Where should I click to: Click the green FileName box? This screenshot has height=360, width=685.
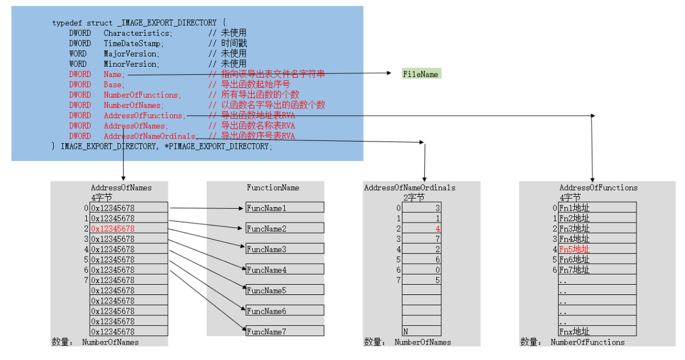pyautogui.click(x=421, y=74)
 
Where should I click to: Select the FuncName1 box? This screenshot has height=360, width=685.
pyautogui.click(x=284, y=208)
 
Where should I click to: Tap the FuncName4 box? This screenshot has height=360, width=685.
pyautogui.click(x=284, y=270)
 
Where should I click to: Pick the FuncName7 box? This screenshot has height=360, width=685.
pyautogui.click(x=284, y=331)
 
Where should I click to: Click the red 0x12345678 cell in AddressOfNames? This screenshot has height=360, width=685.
pyautogui.click(x=129, y=229)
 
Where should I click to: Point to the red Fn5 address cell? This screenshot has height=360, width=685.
pyautogui.click(x=597, y=249)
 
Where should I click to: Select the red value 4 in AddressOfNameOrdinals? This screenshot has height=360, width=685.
pyautogui.click(x=421, y=229)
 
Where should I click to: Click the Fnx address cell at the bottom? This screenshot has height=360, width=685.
pyautogui.click(x=597, y=331)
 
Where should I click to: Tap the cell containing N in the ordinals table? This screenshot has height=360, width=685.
pyautogui.click(x=421, y=331)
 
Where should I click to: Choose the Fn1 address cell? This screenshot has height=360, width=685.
pyautogui.click(x=597, y=208)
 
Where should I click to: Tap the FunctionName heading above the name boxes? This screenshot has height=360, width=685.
pyautogui.click(x=273, y=188)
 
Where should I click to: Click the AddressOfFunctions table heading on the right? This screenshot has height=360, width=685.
pyautogui.click(x=598, y=188)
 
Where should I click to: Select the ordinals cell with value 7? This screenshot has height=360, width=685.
pyautogui.click(x=421, y=239)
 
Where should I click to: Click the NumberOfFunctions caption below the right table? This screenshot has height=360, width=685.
pyautogui.click(x=587, y=342)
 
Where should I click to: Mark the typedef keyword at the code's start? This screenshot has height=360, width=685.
pyautogui.click(x=67, y=23)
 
